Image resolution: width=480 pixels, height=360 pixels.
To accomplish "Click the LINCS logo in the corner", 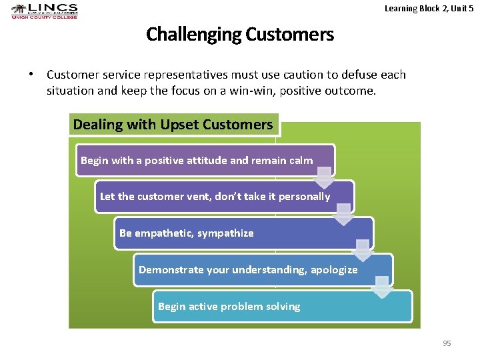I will [x=44, y=11].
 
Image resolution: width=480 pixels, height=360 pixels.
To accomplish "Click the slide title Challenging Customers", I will [x=240, y=34].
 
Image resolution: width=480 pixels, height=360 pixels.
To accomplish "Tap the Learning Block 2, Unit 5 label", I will [x=429, y=8].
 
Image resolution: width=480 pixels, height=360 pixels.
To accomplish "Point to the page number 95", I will [x=447, y=343].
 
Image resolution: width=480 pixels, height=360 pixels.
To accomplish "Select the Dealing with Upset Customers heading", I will [x=173, y=125].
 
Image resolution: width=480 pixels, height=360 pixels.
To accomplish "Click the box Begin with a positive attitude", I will [x=205, y=161].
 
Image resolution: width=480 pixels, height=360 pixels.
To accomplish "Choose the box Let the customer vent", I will [x=224, y=197].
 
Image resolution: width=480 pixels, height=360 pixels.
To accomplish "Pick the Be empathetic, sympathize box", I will [x=243, y=233].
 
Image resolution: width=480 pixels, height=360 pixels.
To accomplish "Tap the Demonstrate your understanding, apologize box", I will [x=263, y=270].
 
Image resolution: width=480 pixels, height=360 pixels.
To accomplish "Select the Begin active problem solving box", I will [x=282, y=307].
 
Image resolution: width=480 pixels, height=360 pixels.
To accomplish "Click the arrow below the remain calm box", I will [x=324, y=177].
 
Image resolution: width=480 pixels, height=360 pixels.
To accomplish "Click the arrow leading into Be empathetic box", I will [x=343, y=213].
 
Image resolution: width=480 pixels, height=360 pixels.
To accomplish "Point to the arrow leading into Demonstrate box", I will [x=363, y=250].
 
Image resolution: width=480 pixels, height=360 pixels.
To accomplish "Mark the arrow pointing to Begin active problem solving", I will [x=382, y=287].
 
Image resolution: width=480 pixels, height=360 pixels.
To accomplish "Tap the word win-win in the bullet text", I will [x=278, y=90].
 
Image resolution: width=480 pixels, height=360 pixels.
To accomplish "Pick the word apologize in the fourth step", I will [x=334, y=270].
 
